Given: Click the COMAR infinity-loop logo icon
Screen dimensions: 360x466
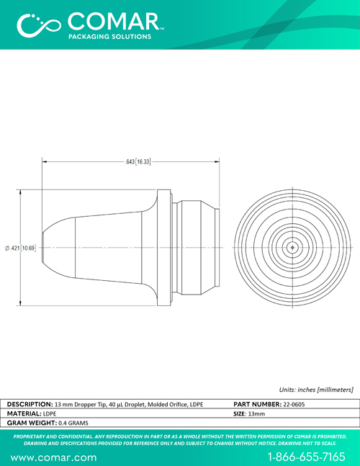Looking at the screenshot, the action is pos(39,25).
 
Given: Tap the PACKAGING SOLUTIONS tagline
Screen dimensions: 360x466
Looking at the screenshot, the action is pos(110,37).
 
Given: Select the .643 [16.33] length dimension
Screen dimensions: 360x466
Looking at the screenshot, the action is pos(138,162).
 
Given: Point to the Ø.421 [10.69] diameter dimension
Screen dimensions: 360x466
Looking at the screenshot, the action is pos(20,248).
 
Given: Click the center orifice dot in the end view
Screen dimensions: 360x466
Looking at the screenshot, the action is pos(292,247).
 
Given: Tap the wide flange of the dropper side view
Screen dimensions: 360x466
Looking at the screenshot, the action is pos(164,248).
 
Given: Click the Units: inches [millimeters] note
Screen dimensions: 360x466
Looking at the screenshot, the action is pos(316,390).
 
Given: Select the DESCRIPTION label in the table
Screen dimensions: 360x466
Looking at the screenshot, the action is pos(30,404).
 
